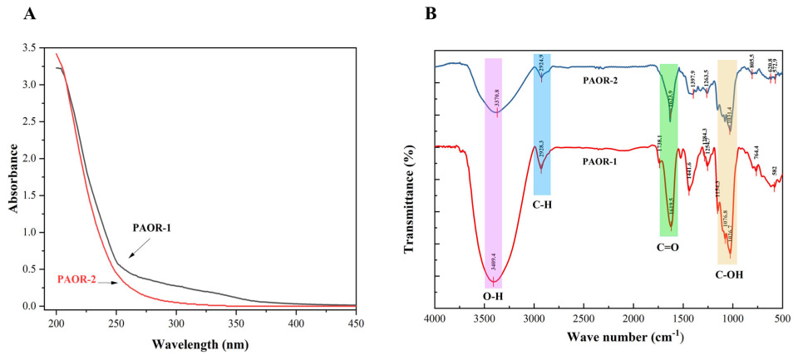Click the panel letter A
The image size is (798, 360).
coord(19,14)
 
